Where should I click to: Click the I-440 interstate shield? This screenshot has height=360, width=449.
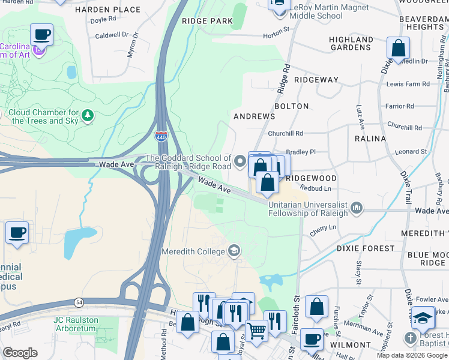coord(161,137)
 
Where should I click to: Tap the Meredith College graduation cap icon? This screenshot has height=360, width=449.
coord(235,251)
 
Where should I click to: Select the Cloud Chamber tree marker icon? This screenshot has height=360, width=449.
coord(88,115)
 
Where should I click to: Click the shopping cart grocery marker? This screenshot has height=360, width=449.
coord(257,330)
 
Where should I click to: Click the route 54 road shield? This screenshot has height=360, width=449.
coord(79,301)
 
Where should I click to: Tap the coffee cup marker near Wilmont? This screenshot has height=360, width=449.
coord(312,339)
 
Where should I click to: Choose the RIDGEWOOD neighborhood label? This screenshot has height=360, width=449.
coord(310,178)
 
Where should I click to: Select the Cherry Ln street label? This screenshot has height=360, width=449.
coord(324,229)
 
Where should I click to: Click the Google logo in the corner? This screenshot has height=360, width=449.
coord(20,353)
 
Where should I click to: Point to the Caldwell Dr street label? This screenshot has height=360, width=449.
coord(112,35)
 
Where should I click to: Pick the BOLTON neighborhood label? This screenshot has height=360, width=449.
coord(291,106)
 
